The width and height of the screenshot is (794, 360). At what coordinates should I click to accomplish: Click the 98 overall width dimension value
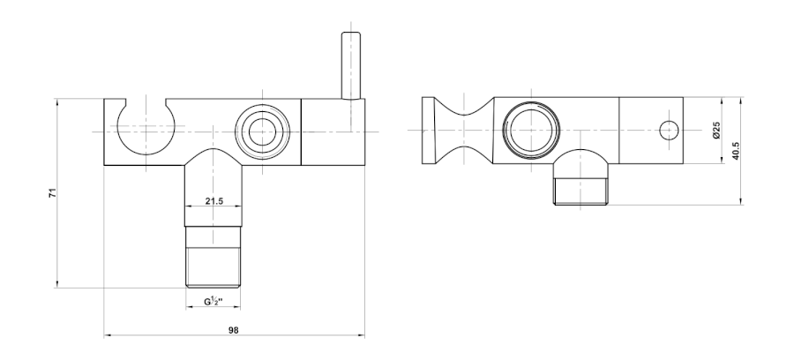tap(233, 330)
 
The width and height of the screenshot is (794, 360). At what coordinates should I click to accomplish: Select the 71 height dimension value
tap(53, 192)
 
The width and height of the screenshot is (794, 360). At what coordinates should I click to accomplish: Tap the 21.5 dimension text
tap(213, 201)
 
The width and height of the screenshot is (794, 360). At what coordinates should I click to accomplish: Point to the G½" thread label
tap(213, 301)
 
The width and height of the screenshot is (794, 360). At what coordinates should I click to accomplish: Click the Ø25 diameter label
tap(716, 130)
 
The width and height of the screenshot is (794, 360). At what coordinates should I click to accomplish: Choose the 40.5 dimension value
tap(735, 151)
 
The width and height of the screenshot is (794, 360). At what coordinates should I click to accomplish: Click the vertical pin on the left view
tap(351, 65)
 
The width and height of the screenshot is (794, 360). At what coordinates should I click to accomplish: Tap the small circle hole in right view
tap(669, 131)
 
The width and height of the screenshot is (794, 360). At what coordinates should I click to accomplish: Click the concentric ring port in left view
tap(262, 132)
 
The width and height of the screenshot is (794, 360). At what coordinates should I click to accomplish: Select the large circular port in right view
tap(531, 131)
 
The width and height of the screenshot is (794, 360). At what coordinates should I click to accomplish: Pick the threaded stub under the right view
tap(581, 191)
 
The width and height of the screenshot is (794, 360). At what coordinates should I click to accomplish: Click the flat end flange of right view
tap(428, 131)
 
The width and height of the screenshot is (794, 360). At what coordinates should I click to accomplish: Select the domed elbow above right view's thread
tap(581, 163)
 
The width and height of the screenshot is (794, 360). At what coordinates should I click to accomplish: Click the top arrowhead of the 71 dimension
tap(57, 102)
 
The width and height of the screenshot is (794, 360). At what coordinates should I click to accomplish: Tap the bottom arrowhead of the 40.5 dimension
tap(741, 201)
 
